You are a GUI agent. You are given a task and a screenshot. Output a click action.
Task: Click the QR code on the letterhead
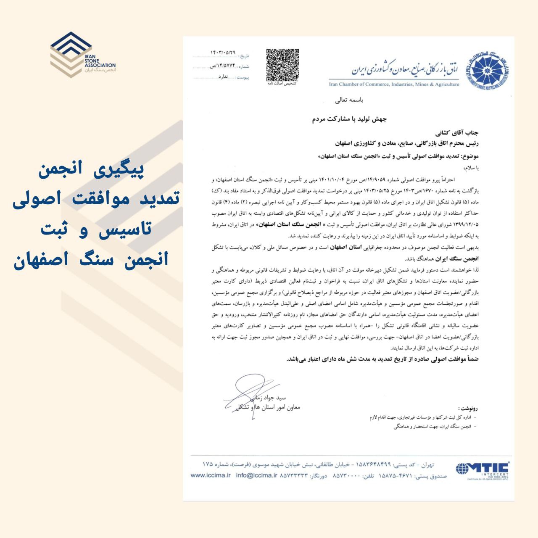[x=282, y=65]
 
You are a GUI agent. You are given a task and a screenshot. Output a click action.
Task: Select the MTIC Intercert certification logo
[x=483, y=469]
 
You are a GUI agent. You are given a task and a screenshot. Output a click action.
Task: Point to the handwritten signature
[x=248, y=393]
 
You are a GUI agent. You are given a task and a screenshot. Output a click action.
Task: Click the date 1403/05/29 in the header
[x=223, y=53]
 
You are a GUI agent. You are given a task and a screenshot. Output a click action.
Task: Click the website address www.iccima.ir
[x=211, y=475]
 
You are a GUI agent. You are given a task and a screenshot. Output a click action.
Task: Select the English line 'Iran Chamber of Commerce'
[x=394, y=84]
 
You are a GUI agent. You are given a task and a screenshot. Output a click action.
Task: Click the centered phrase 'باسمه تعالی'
[x=348, y=100]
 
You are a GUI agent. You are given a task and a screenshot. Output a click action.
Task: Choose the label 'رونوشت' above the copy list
[x=468, y=408]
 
